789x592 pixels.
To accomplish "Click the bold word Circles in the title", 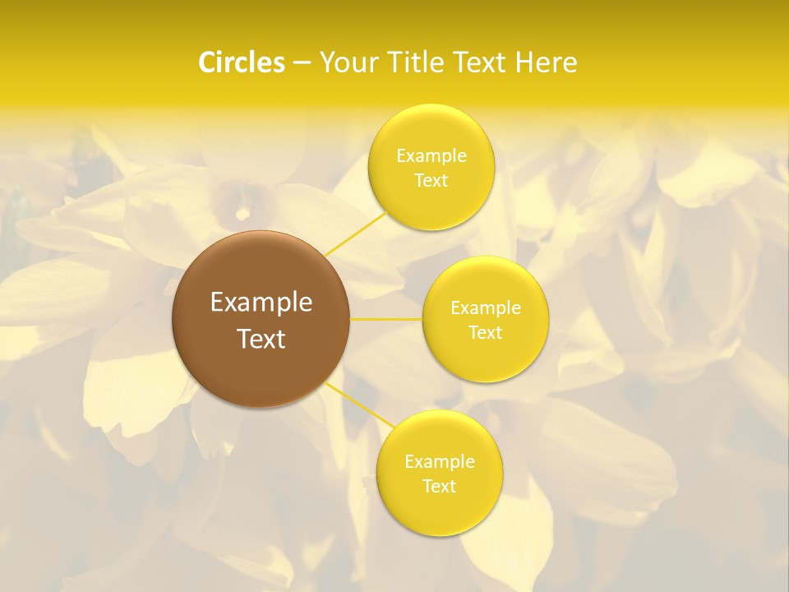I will tap(242, 62).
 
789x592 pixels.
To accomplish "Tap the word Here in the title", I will tap(547, 62).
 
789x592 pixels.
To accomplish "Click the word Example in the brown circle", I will tap(261, 303).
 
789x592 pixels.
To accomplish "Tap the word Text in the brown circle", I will tap(261, 339).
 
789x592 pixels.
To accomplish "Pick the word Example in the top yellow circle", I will tap(431, 156).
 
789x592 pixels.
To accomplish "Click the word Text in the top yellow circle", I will tap(431, 181).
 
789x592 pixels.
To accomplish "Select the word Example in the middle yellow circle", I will tap(486, 308).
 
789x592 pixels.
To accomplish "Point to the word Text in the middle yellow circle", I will tap(486, 333).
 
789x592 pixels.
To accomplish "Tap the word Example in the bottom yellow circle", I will tap(439, 462).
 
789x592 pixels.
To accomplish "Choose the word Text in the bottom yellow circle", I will tap(439, 487).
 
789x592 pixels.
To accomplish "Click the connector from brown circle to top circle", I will tap(356, 234).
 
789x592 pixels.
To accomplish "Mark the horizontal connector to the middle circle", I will tap(386, 319).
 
